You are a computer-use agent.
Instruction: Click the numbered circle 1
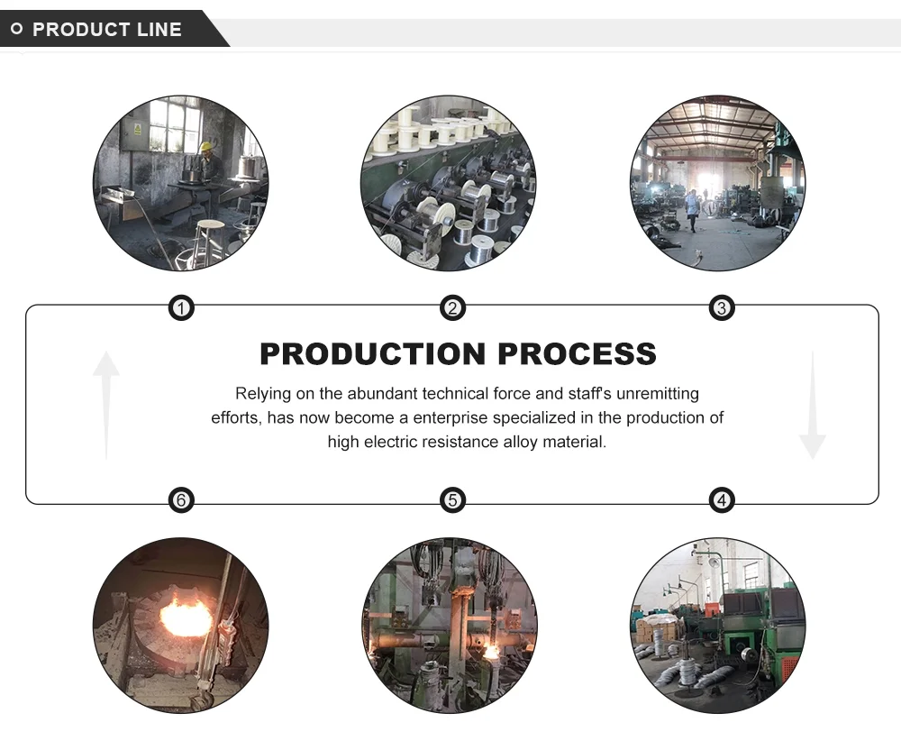181,309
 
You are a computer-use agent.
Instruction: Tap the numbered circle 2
452,309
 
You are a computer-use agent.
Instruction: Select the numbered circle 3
721,309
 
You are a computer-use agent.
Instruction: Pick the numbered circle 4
721,499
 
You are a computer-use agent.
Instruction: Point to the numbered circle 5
452,499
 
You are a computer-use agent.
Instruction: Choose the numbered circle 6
181,499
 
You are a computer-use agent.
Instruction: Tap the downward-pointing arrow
812,406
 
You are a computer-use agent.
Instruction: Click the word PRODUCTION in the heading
373,354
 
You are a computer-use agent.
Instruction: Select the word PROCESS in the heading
577,354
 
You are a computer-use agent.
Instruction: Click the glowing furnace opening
185,617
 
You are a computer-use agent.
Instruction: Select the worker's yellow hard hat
206,146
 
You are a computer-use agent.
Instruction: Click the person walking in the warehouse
691,208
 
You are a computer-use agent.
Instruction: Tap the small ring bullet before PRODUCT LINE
16,30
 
